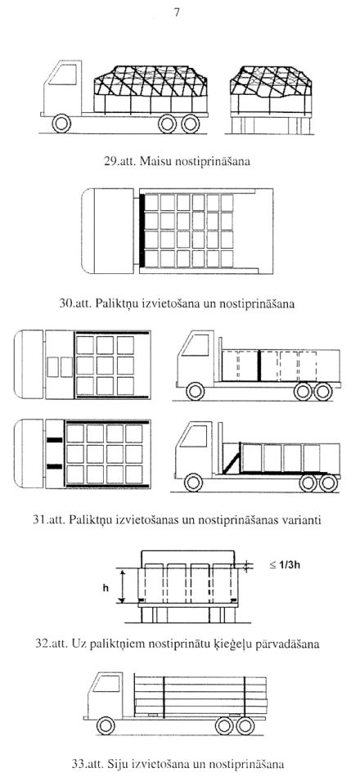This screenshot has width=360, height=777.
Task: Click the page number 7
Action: [x=177, y=13]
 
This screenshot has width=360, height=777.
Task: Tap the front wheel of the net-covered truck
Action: [x=61, y=124]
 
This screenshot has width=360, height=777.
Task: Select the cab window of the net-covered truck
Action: [x=63, y=74]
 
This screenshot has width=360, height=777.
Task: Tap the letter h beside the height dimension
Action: [x=106, y=588]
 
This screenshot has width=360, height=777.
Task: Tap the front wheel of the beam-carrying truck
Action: [x=106, y=725]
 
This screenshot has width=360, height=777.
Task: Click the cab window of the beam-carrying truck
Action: [x=106, y=684]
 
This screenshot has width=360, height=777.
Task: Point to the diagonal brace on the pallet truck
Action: [x=232, y=460]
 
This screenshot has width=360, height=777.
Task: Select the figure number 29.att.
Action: [x=121, y=162]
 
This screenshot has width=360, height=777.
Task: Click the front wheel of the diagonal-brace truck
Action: [x=193, y=483]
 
